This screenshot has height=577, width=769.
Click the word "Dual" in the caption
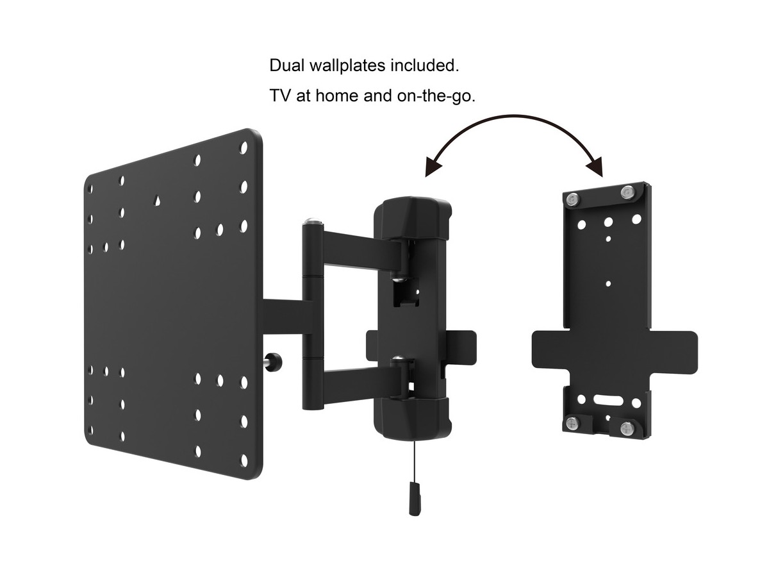coord(286,66)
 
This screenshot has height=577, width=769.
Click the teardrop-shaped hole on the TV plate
coord(157,201)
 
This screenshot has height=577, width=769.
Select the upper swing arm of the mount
coord(359,251)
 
